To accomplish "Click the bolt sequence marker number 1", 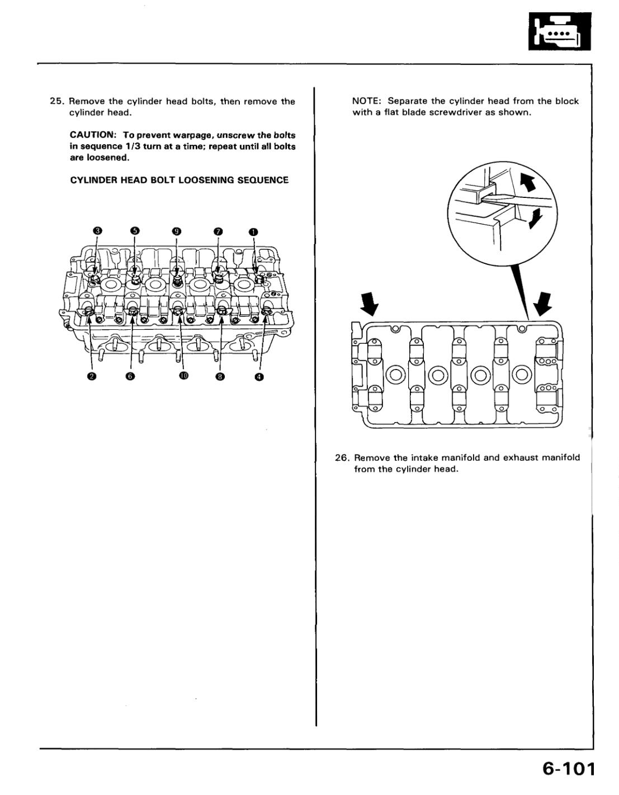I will [253, 231].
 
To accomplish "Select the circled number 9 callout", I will [177, 231].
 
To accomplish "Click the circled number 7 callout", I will [218, 231].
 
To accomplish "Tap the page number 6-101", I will [566, 769].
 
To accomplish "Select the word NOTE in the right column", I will [366, 101].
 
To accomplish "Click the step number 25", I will [57, 101].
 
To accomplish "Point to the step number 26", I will [342, 457].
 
